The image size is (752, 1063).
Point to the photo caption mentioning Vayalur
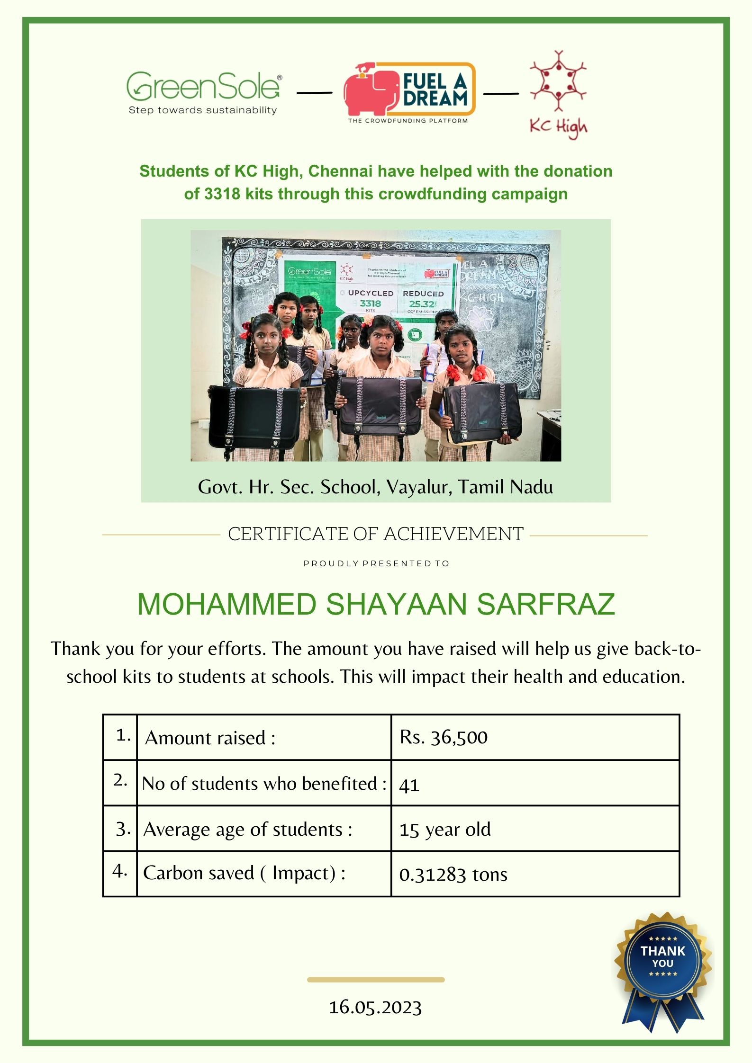click(375, 487)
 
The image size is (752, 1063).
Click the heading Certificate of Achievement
click(375, 534)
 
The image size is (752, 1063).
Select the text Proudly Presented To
click(376, 563)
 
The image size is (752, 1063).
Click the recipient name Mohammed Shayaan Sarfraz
click(376, 604)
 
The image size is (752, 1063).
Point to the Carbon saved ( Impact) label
click(244, 873)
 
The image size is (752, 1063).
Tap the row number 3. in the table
click(123, 829)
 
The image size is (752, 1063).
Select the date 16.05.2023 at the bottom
click(375, 1008)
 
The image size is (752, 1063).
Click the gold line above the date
click(375, 980)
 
